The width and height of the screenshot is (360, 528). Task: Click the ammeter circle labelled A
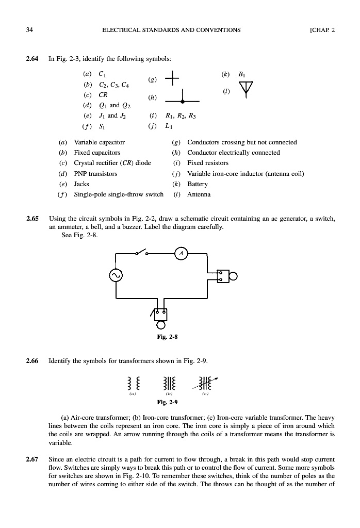pos(181,253)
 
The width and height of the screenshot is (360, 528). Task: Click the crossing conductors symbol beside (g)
pos(168,79)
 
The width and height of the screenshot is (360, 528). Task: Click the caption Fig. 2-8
pos(169,338)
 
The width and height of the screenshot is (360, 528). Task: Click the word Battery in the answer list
pos(198,184)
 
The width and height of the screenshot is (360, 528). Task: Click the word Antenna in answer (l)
pos(199,194)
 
